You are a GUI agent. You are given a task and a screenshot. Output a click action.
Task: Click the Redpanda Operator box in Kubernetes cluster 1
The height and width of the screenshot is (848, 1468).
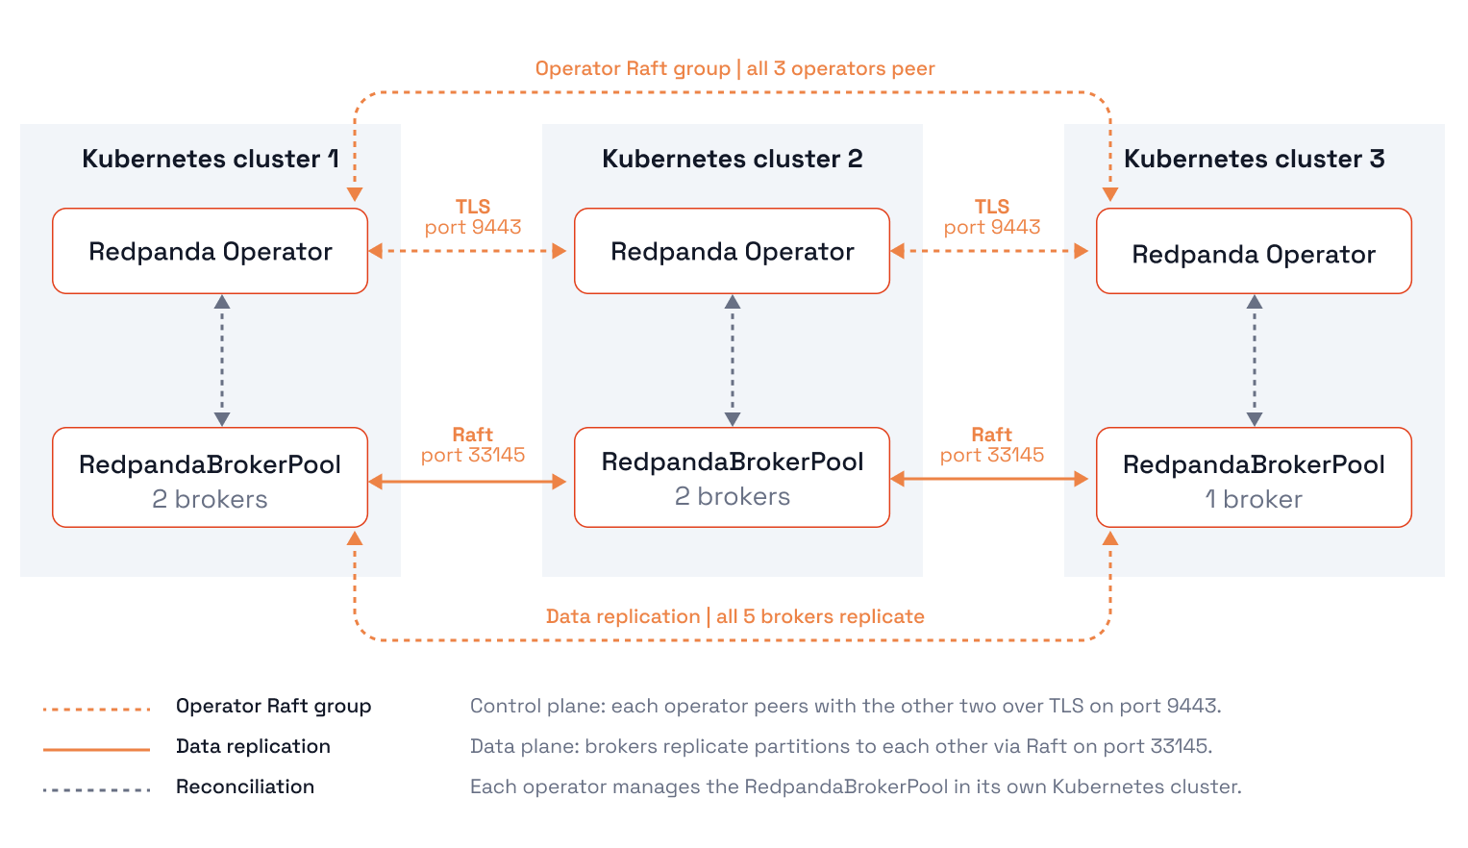tap(210, 251)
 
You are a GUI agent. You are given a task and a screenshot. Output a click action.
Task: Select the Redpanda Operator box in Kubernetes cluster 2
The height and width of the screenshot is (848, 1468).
tap(732, 251)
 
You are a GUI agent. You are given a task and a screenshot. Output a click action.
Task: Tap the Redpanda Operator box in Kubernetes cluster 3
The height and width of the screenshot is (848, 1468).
tap(1254, 251)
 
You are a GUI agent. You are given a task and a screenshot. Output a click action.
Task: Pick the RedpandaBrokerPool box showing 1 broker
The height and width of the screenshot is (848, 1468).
tap(1254, 477)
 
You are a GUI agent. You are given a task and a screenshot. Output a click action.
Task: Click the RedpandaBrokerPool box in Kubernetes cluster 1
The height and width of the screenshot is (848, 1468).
tap(210, 477)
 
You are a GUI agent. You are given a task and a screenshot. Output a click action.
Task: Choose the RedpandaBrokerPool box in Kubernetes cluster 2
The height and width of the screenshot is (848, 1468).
tap(732, 477)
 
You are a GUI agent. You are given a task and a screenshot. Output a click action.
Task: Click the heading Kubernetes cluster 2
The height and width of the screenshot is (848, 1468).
tap(732, 159)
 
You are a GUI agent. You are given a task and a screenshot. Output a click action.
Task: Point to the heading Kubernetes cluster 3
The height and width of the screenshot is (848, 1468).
tap(1255, 159)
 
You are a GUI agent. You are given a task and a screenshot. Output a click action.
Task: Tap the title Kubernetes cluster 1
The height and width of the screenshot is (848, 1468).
tap(211, 159)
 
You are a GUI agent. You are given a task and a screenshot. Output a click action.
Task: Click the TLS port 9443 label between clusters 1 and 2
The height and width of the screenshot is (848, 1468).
tap(473, 217)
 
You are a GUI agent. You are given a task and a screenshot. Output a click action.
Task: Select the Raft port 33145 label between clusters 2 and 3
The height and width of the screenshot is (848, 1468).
tap(991, 445)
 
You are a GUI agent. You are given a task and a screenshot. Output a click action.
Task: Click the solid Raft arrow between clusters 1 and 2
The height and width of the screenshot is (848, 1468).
tap(467, 482)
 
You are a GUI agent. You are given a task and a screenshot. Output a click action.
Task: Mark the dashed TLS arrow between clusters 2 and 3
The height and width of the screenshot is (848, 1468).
tap(989, 251)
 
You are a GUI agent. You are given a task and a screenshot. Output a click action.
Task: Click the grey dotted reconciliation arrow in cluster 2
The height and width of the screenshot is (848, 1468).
tap(732, 361)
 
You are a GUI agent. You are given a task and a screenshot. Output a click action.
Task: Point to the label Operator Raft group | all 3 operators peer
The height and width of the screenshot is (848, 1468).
tap(734, 68)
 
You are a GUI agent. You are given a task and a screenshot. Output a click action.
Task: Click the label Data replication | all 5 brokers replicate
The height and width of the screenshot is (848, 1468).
tap(734, 616)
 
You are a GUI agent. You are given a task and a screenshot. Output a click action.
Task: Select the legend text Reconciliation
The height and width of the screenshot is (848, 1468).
tap(245, 786)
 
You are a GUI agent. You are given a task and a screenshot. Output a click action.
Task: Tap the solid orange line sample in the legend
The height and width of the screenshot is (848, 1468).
tap(96, 749)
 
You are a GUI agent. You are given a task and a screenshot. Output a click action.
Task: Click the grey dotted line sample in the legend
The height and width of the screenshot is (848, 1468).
tap(96, 789)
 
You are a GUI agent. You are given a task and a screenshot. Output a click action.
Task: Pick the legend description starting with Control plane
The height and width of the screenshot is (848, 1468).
tap(845, 706)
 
